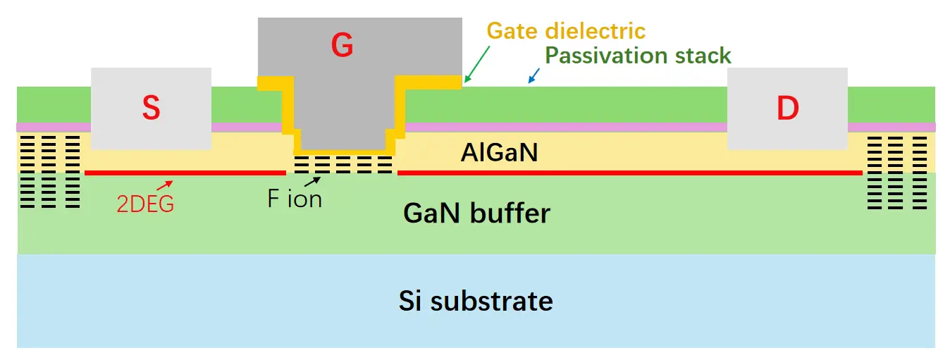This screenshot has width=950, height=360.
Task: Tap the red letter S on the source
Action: [x=151, y=108]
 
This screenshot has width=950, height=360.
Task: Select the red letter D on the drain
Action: [x=787, y=108]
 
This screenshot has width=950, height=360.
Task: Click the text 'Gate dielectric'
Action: [x=567, y=31]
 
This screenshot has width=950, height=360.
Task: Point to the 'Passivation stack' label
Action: [x=639, y=55]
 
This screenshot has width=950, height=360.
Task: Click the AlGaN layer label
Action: [x=500, y=152]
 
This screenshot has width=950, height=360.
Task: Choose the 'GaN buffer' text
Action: [x=476, y=213]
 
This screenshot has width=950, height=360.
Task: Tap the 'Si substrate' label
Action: [x=476, y=302]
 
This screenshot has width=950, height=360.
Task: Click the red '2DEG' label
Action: [x=145, y=204]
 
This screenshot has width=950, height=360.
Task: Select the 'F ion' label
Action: [x=295, y=199]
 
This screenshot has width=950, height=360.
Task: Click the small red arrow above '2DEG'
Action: [x=164, y=186]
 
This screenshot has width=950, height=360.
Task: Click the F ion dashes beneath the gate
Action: [x=343, y=164]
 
